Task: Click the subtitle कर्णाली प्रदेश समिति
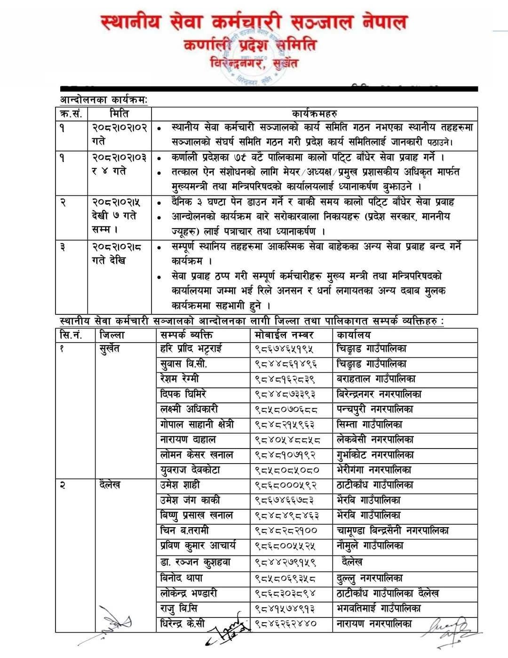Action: (250, 45)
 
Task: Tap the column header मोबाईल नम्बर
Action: (284, 335)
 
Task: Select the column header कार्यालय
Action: (353, 335)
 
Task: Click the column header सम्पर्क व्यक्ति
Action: (186, 335)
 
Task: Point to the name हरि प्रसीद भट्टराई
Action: (191, 349)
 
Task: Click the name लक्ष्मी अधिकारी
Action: (189, 409)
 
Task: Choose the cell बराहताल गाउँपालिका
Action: (376, 379)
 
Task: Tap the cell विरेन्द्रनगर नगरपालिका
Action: (379, 394)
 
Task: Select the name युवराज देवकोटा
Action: (190, 470)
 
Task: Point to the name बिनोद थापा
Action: (182, 578)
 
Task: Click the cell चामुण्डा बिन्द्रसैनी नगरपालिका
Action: (392, 530)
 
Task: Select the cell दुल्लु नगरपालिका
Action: (370, 578)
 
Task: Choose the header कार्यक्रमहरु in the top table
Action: (314, 113)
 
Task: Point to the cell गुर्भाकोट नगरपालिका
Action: (373, 455)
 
